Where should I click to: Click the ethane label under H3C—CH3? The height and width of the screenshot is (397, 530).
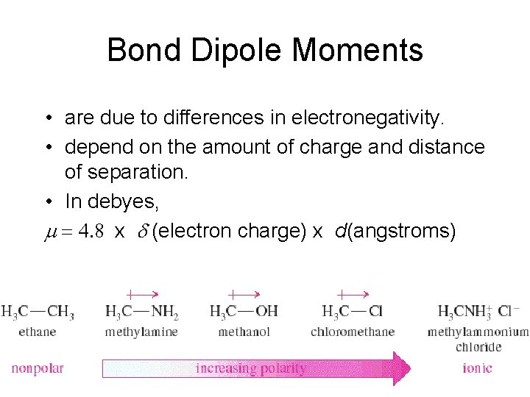38,332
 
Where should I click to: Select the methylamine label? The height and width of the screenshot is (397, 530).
141,332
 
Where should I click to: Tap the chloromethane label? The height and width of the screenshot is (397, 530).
353,332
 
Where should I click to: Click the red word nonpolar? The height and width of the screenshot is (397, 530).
38,368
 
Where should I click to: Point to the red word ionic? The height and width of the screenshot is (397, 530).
477,368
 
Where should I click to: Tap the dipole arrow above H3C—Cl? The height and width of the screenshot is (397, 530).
352,293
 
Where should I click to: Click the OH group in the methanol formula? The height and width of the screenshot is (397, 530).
267,312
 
